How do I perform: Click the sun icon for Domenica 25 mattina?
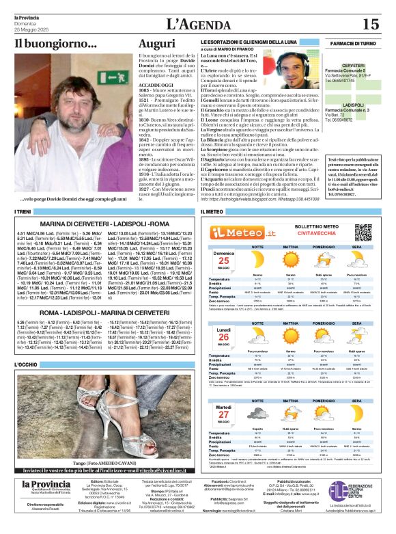point(290,261)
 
